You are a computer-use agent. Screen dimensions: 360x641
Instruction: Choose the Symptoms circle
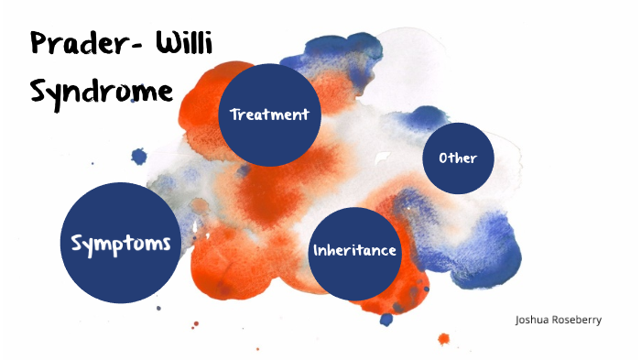pyautogui.click(x=121, y=243)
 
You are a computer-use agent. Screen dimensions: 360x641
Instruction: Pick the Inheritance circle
pyautogui.click(x=356, y=251)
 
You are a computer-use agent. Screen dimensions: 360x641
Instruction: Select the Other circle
pyautogui.click(x=458, y=158)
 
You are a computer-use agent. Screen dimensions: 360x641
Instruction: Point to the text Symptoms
pyautogui.click(x=121, y=244)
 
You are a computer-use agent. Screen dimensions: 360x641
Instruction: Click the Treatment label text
pyautogui.click(x=270, y=115)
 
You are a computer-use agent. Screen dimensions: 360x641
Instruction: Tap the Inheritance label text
pyautogui.click(x=355, y=250)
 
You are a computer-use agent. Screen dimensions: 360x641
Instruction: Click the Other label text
pyautogui.click(x=458, y=158)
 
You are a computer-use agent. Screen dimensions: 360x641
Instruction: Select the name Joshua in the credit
pyautogui.click(x=534, y=321)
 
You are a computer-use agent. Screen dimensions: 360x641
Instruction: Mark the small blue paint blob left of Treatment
pyautogui.click(x=139, y=157)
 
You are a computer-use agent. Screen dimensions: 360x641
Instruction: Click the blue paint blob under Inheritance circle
pyautogui.click(x=386, y=319)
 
